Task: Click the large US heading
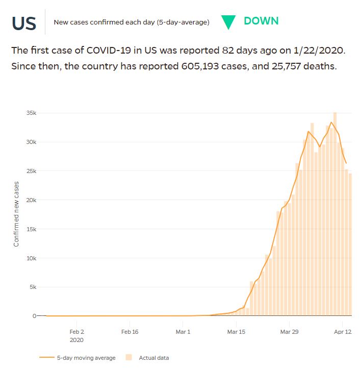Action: pos(24,23)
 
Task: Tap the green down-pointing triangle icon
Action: pos(228,22)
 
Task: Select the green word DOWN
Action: pos(261,21)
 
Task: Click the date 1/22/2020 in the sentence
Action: pos(324,51)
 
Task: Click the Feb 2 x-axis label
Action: pos(76,331)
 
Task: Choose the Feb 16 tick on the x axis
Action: pos(130,331)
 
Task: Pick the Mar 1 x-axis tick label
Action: pos(183,331)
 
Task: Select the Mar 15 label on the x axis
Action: pos(236,331)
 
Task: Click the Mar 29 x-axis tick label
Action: pos(289,331)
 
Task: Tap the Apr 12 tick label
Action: pos(342,331)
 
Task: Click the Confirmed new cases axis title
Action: pos(16,214)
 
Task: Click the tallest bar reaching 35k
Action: pos(335,214)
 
